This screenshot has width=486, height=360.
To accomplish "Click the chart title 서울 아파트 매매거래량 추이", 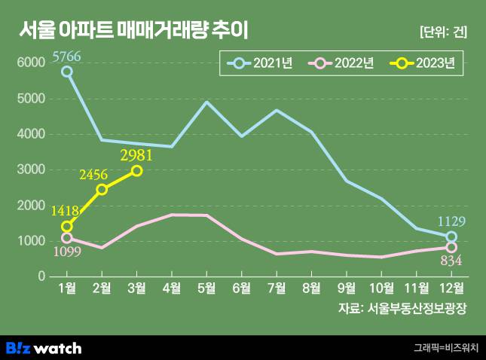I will coord(133,30).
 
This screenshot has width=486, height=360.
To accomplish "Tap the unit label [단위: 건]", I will coord(443,32).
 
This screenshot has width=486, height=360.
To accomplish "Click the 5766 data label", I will coord(66,55).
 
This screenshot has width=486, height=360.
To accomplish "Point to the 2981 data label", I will coord(136,154).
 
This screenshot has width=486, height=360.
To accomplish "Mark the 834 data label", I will coord(451,261).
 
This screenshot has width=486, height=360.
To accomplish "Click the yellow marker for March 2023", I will coord(136,171).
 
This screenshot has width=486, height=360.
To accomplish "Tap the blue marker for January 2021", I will coord(67,72).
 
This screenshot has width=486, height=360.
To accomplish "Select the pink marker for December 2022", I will coord(451,247).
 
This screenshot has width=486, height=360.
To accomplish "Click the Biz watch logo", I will coord(43,347).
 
